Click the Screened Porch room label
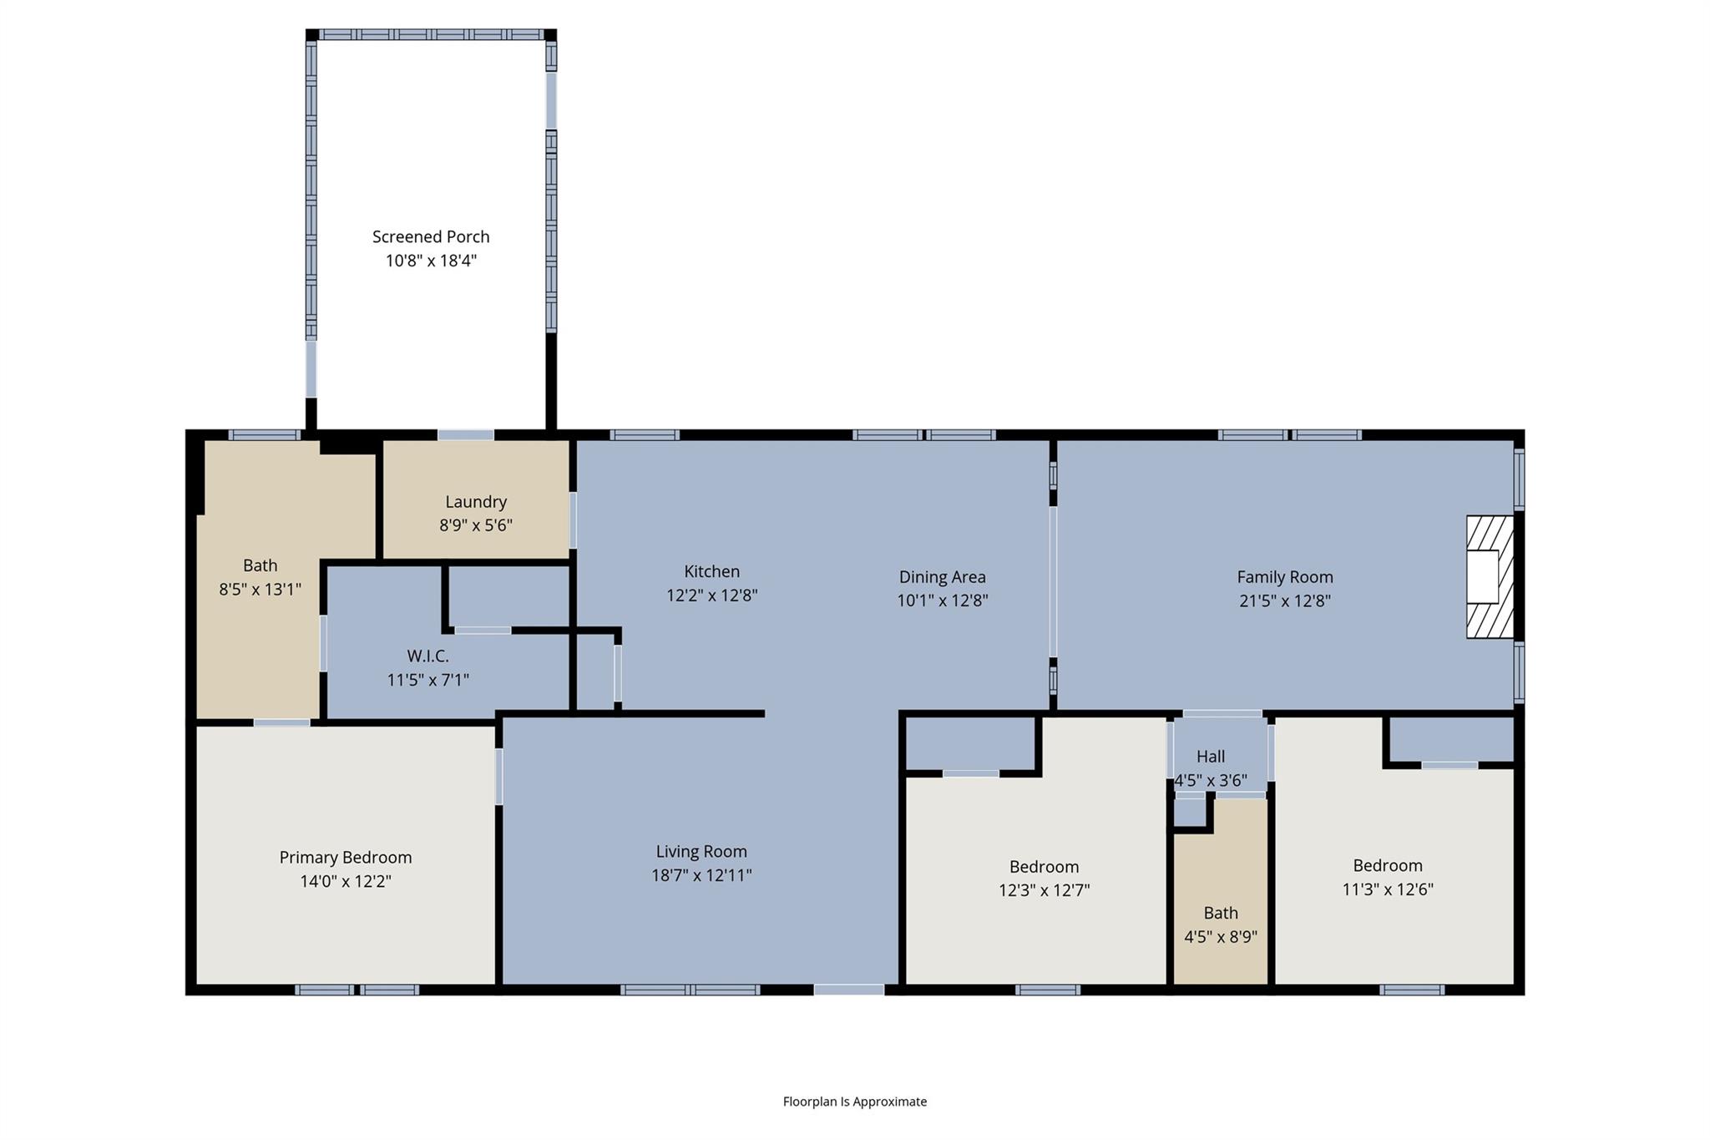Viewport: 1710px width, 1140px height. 431,237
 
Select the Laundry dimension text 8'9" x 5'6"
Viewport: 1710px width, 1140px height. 476,525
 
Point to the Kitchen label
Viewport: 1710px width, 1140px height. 711,572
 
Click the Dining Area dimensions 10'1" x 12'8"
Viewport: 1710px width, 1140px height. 942,600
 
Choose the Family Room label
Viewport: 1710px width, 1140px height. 1284,577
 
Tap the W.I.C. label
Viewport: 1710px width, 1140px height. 427,656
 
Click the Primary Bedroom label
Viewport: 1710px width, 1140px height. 345,858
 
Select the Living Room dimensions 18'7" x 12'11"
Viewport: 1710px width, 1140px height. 701,875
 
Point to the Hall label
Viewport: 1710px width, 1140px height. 1210,757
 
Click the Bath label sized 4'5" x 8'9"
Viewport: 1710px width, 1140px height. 1220,914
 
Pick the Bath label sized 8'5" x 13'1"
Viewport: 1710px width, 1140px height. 260,566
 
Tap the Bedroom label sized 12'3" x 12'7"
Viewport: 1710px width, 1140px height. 1044,867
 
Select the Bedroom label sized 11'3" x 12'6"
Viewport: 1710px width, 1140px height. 1387,866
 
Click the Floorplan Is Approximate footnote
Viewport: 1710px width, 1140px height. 854,1102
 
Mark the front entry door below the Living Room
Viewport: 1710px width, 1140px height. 848,990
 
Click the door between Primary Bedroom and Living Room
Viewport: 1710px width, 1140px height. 498,777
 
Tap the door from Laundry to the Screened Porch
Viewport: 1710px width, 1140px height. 465,435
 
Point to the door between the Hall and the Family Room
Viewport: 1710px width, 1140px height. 1222,714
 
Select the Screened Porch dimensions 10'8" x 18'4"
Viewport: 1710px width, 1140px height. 431,261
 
